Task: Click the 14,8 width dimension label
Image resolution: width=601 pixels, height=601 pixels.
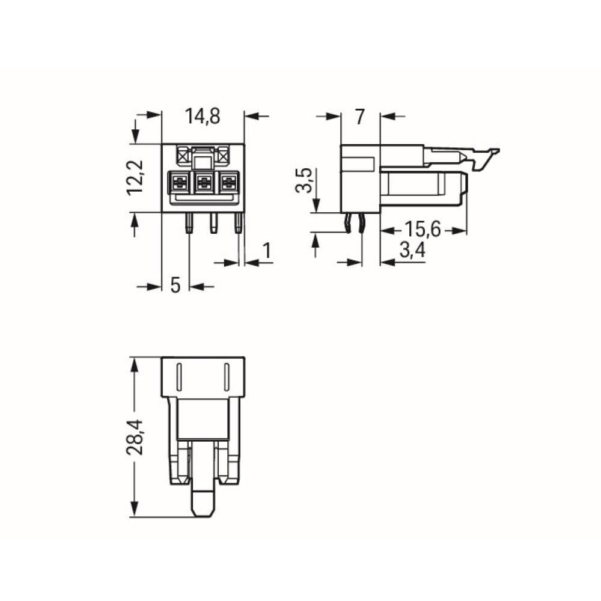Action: click(203, 117)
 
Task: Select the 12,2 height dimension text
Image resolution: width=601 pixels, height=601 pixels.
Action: click(136, 177)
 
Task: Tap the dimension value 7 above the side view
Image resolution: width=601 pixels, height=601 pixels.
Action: click(359, 117)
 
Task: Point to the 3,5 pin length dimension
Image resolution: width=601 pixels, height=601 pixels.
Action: click(305, 181)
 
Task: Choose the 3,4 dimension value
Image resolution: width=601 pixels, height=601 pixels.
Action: click(412, 251)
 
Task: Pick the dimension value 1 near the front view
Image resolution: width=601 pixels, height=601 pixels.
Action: click(266, 252)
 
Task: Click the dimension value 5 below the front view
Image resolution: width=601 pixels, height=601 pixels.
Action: click(175, 285)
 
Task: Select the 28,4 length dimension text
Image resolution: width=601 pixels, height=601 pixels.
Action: click(138, 437)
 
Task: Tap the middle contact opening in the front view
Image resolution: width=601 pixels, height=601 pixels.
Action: click(203, 181)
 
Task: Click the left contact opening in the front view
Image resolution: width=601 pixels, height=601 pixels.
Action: click(179, 181)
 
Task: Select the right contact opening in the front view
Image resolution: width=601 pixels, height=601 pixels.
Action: click(228, 181)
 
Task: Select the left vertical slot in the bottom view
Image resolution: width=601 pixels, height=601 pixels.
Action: click(179, 377)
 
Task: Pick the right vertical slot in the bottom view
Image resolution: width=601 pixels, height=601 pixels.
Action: click(227, 377)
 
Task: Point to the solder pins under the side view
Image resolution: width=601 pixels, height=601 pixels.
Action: click(355, 223)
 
